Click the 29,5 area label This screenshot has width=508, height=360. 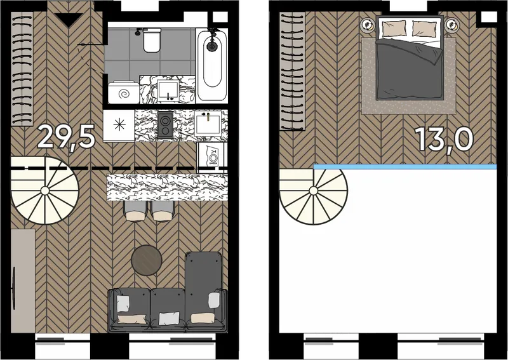tap(67, 137)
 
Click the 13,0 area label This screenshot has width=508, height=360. tap(444, 139)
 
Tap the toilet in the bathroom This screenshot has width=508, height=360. tap(152, 40)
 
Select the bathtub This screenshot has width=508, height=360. tap(212, 64)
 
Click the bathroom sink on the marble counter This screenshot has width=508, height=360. tap(168, 90)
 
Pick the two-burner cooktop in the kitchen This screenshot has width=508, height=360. tap(166, 124)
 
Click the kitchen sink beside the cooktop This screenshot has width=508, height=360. tap(208, 123)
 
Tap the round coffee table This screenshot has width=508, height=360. tap(147, 260)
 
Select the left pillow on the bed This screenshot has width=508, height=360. tap(394, 29)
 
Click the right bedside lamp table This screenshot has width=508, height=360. tap(451, 24)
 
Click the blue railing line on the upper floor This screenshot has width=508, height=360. tap(405, 166)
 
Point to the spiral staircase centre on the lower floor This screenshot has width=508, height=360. tap(45, 191)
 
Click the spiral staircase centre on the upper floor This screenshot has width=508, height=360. tap(314, 191)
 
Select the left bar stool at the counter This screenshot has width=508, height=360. tap(135, 211)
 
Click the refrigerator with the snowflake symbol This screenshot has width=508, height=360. tap(119, 126)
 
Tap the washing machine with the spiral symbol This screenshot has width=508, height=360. tap(123, 93)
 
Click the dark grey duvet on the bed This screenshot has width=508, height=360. tap(409, 69)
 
